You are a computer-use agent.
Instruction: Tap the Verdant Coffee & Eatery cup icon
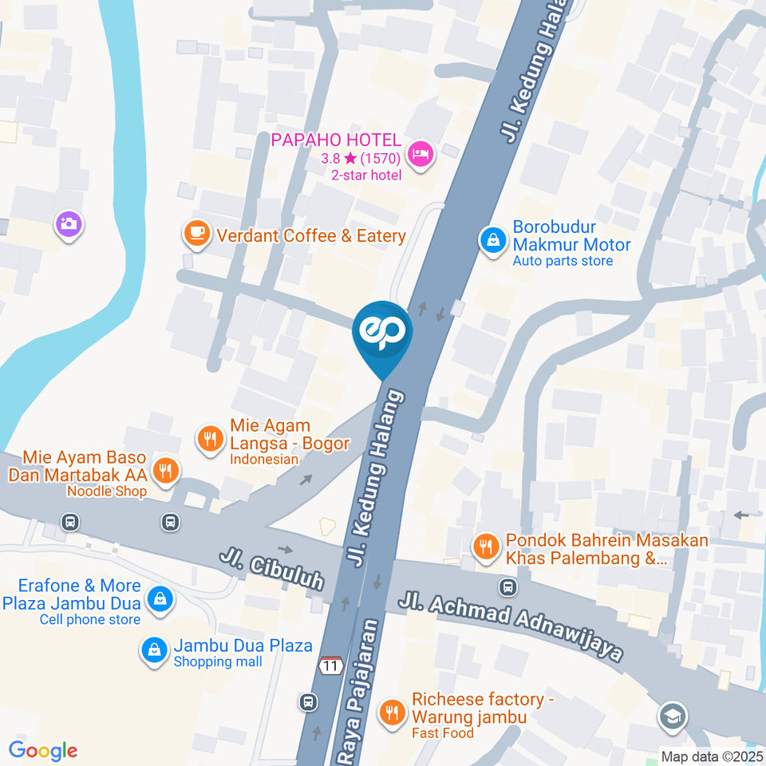pos(196,233)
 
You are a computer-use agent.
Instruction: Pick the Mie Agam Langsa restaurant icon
pos(210,438)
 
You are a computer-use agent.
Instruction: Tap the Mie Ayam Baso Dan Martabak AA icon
pos(166,471)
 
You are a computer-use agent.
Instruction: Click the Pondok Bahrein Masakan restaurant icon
pos(484,547)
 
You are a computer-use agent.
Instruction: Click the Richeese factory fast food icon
pos(391,713)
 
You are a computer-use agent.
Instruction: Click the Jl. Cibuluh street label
pos(272,567)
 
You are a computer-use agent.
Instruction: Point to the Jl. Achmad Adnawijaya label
pos(511,626)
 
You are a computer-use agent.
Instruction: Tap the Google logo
pos(43,750)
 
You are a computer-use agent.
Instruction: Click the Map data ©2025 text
pos(711,756)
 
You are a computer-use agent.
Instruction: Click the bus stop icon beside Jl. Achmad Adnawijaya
pos(507,588)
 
